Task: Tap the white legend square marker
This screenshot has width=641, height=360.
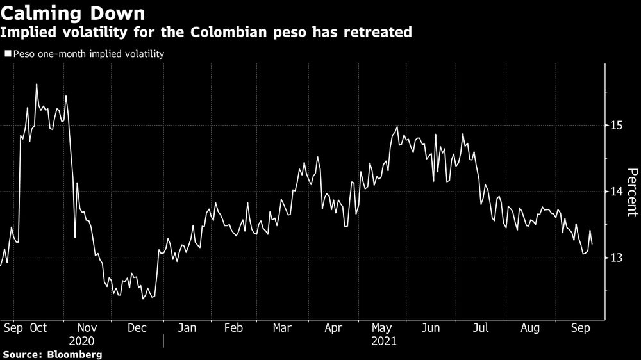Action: [8, 54]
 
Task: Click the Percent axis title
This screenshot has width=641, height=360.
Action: [632, 192]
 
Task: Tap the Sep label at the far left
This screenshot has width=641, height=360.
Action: [13, 328]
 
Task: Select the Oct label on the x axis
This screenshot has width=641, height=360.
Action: [38, 328]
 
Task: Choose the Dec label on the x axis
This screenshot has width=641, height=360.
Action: [137, 328]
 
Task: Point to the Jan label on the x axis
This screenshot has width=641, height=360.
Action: [187, 328]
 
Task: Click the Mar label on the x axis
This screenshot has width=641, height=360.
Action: [282, 328]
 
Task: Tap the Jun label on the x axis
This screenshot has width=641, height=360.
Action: [431, 328]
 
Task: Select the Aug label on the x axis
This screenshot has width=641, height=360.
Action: [529, 328]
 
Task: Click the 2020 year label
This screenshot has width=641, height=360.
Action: [81, 341]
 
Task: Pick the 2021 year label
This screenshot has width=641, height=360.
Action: [385, 341]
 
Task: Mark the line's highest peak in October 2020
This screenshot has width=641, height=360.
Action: [36, 84]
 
